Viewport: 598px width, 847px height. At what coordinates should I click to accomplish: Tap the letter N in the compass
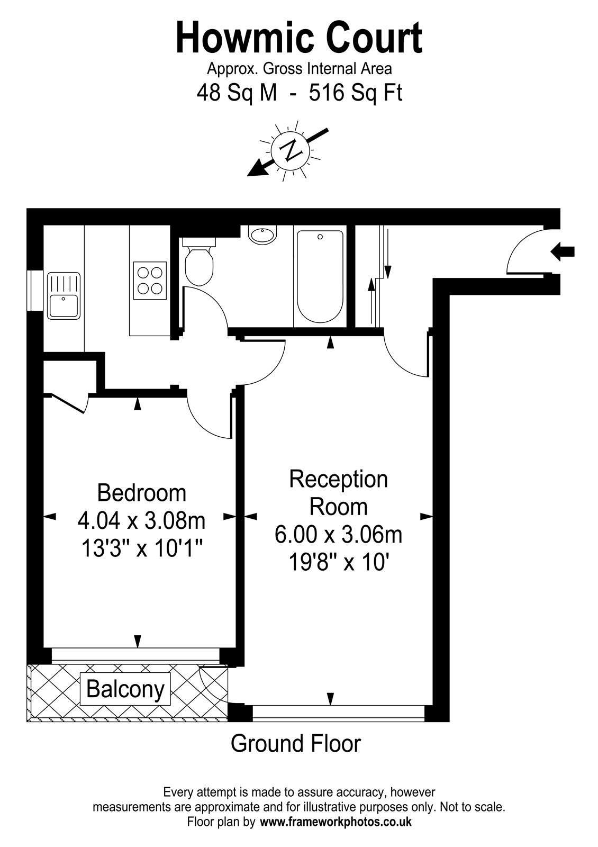[291, 150]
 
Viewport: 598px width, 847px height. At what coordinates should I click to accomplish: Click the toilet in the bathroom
[199, 262]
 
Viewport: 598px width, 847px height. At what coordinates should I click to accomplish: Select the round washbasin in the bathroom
[262, 235]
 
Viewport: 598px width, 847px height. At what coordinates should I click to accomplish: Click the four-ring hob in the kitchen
[150, 281]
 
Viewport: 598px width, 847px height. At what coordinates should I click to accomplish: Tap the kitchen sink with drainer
[64, 295]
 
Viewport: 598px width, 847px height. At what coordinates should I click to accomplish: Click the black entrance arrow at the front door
[563, 251]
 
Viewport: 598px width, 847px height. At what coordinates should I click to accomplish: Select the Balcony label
[125, 689]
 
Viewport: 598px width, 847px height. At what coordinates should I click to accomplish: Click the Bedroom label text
[142, 493]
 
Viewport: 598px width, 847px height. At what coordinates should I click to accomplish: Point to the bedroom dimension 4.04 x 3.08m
[142, 521]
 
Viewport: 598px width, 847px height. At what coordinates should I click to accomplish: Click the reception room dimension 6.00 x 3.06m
[338, 535]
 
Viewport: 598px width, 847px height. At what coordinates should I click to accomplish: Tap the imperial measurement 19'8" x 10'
[338, 563]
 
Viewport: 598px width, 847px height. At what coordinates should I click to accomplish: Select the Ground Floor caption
[296, 743]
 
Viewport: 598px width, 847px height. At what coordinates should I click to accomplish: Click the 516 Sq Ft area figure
[356, 93]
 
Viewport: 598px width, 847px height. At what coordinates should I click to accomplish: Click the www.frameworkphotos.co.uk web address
[336, 820]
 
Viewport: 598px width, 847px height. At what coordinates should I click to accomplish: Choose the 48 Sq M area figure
[237, 93]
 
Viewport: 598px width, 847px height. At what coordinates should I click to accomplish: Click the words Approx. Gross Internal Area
[300, 69]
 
